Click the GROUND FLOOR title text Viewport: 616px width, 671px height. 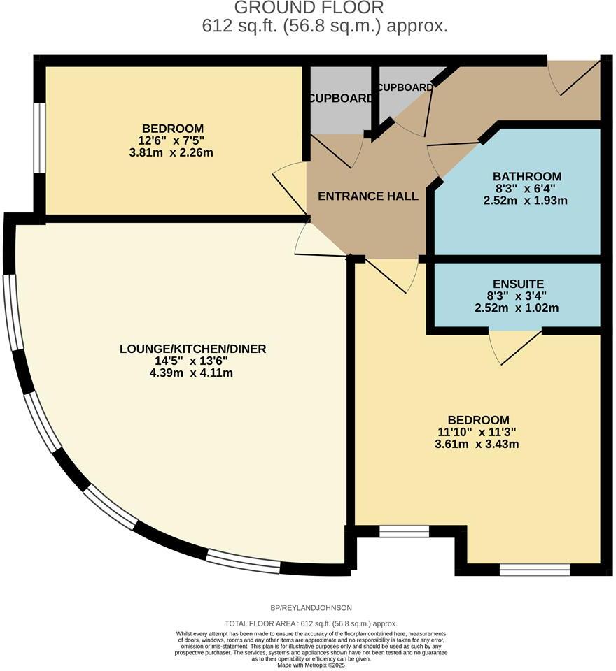click(x=309, y=8)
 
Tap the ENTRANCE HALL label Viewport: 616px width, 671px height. click(x=368, y=196)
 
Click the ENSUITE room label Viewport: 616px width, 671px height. click(x=518, y=284)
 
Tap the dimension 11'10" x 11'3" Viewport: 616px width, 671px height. click(x=476, y=432)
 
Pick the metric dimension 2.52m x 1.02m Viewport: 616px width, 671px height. click(x=518, y=308)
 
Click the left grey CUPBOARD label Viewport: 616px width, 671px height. click(x=341, y=99)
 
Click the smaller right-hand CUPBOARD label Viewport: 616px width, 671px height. click(x=405, y=88)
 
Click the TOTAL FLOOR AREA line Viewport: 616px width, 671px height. click(x=311, y=623)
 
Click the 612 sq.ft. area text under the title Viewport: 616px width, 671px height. click(x=323, y=27)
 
